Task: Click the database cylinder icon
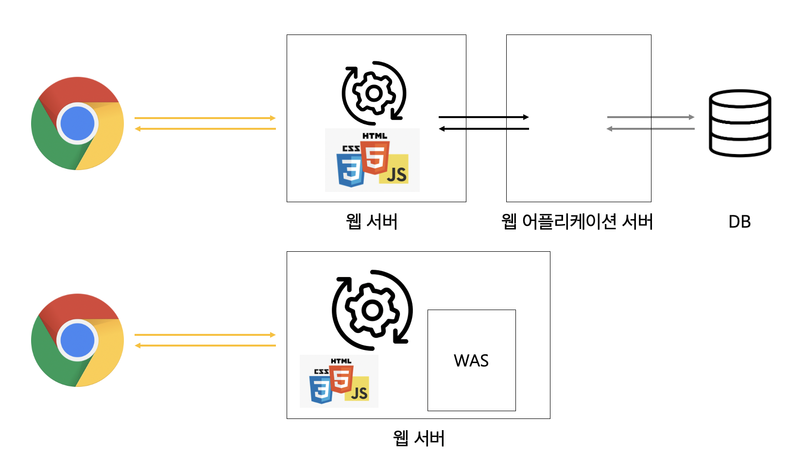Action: click(739, 123)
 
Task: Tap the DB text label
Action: click(739, 222)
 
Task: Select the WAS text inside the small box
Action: click(471, 361)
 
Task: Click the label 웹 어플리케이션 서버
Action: click(577, 222)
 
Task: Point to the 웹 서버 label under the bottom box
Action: click(419, 438)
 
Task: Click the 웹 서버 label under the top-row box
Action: click(372, 222)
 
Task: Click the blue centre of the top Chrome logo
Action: click(78, 123)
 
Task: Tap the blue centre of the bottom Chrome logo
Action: click(78, 340)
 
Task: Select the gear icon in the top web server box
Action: click(374, 93)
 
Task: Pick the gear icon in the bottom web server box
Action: click(372, 310)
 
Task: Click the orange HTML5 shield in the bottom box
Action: click(342, 380)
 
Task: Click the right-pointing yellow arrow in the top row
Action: click(205, 118)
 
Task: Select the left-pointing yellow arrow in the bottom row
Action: click(205, 346)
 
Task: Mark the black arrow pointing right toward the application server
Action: click(483, 117)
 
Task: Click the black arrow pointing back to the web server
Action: click(483, 129)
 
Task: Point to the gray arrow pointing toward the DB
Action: click(651, 117)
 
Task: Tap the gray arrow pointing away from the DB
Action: click(651, 129)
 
